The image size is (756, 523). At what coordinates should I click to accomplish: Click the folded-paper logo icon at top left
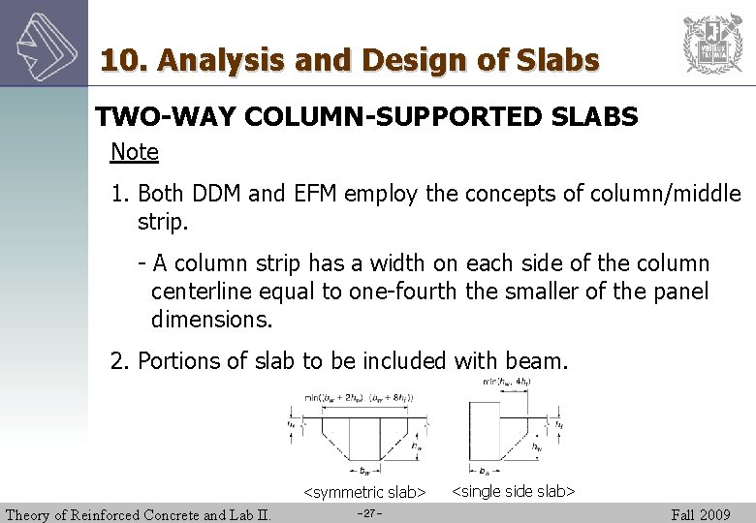[43, 44]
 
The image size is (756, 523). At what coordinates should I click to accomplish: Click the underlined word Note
[135, 152]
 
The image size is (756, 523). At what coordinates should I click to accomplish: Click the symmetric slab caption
[365, 493]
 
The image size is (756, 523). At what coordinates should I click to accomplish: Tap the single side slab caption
[514, 492]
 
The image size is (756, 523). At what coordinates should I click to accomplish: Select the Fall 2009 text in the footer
[701, 514]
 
